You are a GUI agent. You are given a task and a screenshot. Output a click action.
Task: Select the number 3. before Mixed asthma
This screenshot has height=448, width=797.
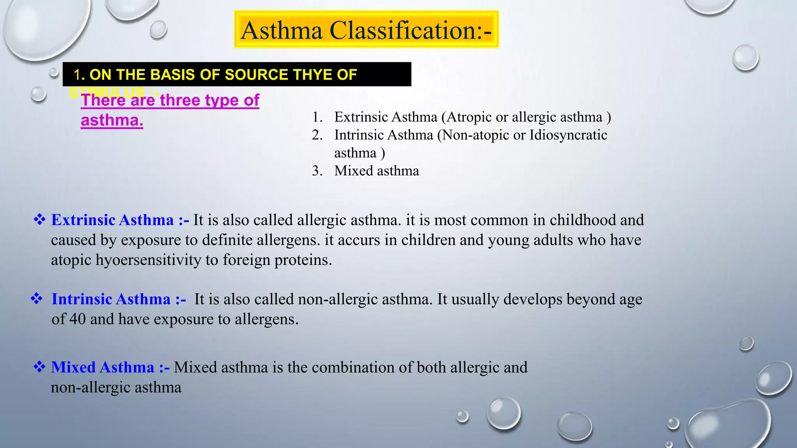[x=317, y=171]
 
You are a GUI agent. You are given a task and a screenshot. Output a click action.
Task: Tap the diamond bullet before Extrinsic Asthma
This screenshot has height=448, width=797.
[x=39, y=220]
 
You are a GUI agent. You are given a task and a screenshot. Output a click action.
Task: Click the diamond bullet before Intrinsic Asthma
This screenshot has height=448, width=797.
[x=37, y=299]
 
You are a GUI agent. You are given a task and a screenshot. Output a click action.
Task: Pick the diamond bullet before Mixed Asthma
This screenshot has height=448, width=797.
[x=39, y=367]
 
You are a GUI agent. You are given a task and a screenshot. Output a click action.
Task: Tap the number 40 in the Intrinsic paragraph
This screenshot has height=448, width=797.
[x=77, y=319]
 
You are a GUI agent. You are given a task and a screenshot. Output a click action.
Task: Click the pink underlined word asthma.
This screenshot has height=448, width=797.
[x=112, y=120]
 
